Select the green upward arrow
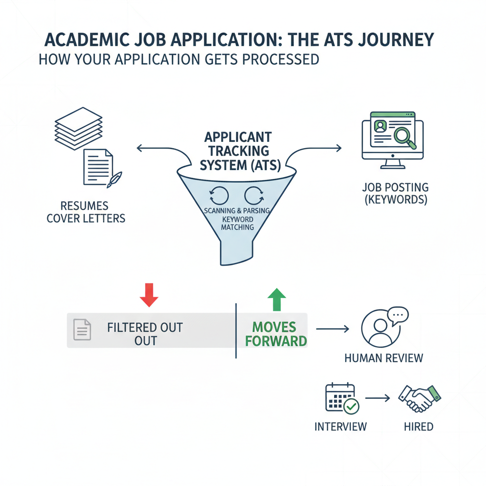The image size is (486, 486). coord(277,299)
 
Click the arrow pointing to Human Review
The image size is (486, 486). coord(332,328)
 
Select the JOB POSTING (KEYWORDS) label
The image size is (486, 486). coord(394,193)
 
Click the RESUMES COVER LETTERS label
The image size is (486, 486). coord(86,212)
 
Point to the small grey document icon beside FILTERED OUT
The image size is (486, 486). coord(82,329)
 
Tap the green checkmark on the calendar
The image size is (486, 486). coord(352,406)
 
